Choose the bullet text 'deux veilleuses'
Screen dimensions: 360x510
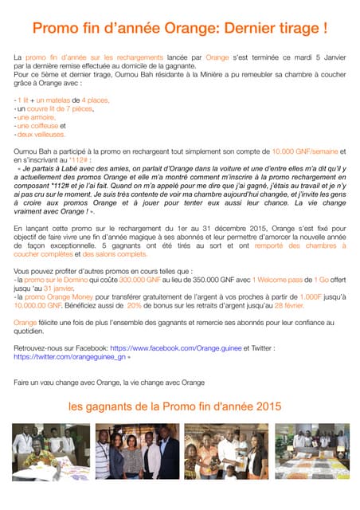41,134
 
